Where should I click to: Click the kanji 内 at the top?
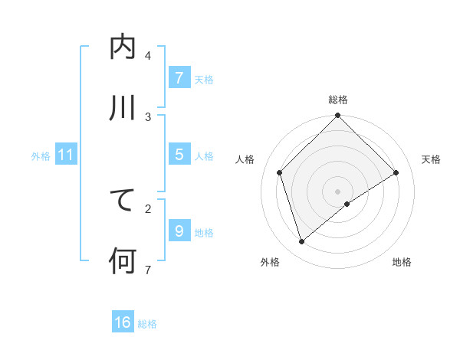pos(123,47)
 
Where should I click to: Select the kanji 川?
pos(123,108)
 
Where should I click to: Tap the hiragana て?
pos(123,200)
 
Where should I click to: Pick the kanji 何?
pos(123,261)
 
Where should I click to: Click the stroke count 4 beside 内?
pos(148,55)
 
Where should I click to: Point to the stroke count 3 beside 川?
pos(148,116)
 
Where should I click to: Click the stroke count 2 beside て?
pos(148,208)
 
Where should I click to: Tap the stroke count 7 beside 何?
pos(148,270)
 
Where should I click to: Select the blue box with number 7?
pos(179,78)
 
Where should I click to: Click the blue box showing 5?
pos(179,155)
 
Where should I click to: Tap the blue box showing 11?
pos(66,155)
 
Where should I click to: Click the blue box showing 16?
pos(123,322)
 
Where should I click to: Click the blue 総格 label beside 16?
pos(147,324)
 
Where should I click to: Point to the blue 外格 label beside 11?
pos(41,156)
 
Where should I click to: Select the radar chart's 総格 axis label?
pos(337,100)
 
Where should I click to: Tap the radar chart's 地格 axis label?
pos(402,262)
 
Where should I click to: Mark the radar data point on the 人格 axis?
pos(280,172)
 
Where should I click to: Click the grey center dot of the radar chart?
pos(337,191)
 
